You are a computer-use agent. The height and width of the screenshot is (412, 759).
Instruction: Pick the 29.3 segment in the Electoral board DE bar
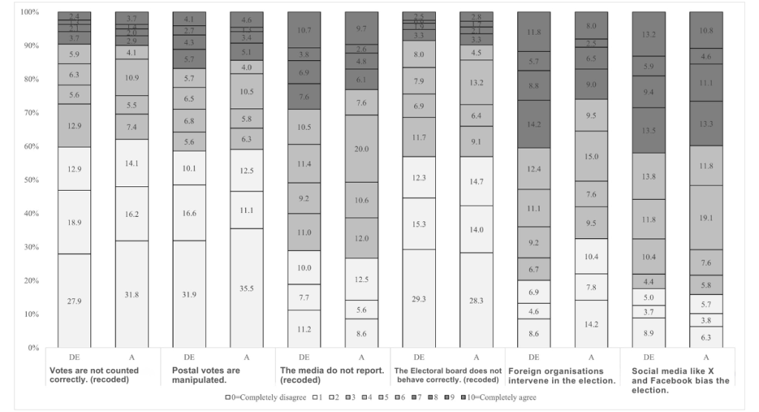[x=419, y=298]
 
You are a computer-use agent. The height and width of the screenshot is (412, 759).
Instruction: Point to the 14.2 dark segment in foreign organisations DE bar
[x=534, y=124]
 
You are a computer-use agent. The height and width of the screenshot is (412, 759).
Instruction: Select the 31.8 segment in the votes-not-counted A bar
[x=131, y=293]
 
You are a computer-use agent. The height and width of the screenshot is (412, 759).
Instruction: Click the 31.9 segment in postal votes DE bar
[x=189, y=293]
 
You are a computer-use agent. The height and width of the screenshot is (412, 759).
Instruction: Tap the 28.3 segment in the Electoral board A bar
[x=476, y=300]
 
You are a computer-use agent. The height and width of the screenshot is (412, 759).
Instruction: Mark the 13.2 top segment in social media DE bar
[x=649, y=33]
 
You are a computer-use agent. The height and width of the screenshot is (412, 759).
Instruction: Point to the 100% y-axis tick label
[x=29, y=12]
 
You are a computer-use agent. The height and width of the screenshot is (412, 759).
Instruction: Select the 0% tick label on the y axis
[x=33, y=347]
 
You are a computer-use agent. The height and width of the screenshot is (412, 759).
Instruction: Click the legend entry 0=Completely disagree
[x=268, y=397]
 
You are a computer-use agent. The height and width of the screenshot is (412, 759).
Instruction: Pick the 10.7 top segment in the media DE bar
[x=304, y=30]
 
